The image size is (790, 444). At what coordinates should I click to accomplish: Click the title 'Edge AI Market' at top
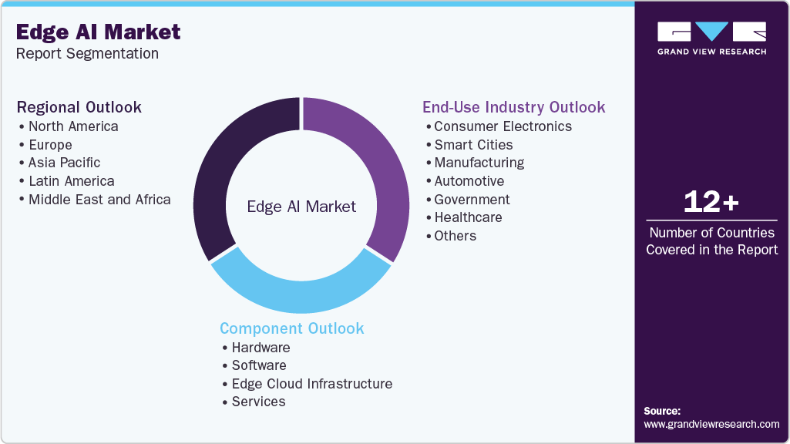(x=98, y=32)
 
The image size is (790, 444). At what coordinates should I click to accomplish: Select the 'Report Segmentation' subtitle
(x=87, y=54)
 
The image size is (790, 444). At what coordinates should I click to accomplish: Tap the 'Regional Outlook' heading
(x=79, y=107)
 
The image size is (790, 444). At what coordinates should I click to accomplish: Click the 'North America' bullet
(x=73, y=126)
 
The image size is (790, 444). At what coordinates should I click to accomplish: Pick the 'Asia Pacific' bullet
(x=64, y=163)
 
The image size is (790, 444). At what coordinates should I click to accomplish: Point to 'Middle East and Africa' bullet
(x=99, y=200)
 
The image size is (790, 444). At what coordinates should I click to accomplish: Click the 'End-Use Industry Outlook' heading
(x=513, y=107)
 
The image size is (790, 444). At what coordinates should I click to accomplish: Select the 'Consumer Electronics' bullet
(x=503, y=126)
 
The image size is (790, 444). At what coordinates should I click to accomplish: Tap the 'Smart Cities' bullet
(x=473, y=145)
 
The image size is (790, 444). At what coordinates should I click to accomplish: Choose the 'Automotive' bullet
(x=469, y=181)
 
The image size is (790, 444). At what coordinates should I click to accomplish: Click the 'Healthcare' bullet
(x=468, y=217)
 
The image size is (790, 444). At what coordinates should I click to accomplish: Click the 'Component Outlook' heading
(x=291, y=328)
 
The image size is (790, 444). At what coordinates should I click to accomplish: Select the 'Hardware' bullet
(x=261, y=348)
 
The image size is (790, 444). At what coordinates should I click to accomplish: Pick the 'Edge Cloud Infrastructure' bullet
(x=311, y=384)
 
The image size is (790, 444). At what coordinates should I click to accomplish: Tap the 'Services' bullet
(x=258, y=402)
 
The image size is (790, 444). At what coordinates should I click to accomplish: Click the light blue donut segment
(x=301, y=289)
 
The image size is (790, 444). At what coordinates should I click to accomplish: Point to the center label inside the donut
(x=301, y=207)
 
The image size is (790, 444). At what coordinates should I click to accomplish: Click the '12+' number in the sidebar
(x=711, y=203)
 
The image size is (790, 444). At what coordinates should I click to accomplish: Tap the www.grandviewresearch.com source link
(x=711, y=424)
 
